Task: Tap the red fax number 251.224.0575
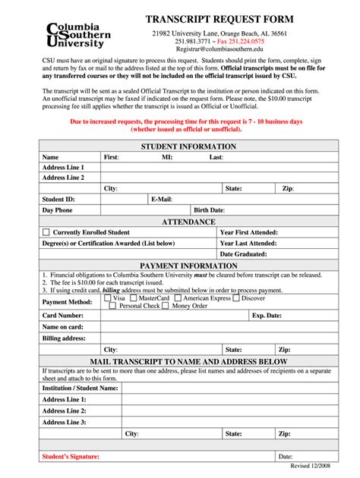click(241, 41)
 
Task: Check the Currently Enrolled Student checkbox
click(46, 232)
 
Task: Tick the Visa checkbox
click(107, 298)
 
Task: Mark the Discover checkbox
click(236, 298)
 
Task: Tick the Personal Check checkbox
click(113, 306)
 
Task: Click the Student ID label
click(58, 199)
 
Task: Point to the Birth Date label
click(209, 210)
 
